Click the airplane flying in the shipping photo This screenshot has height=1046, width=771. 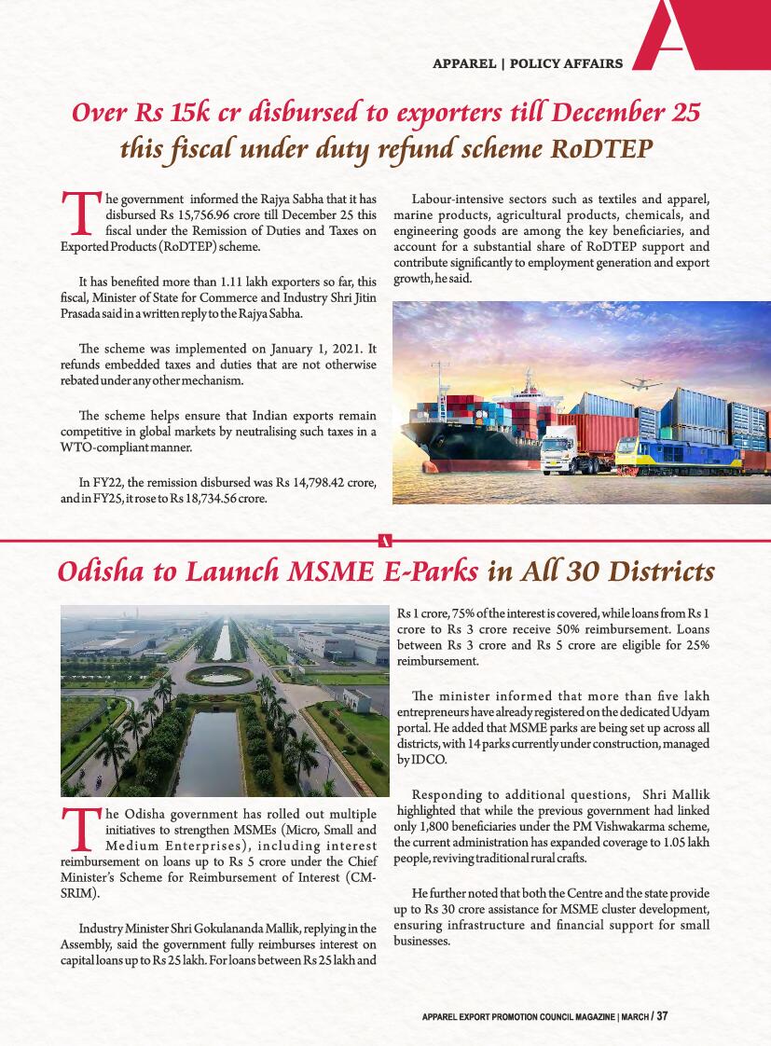click(x=641, y=383)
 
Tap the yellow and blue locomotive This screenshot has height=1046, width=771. click(x=664, y=456)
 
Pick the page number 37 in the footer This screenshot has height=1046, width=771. click(x=662, y=1016)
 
